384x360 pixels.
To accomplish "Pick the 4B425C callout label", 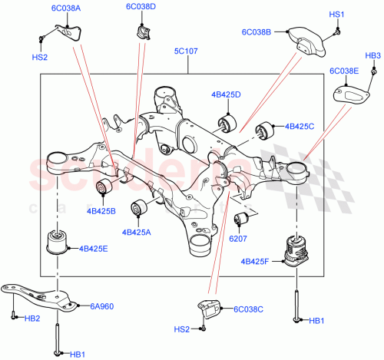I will pyautogui.click(x=300, y=126).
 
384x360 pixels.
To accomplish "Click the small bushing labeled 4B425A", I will pyautogui.click(x=140, y=207).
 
